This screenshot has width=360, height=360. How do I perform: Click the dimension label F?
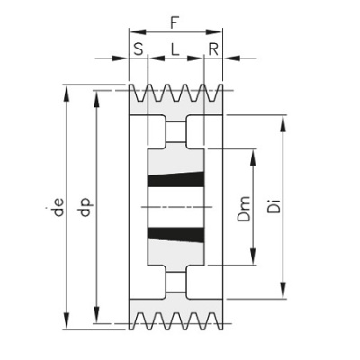(x=175, y=22)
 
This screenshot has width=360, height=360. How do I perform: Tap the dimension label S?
(x=139, y=49)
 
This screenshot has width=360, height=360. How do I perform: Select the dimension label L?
(x=175, y=49)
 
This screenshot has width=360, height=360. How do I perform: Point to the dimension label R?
(x=213, y=49)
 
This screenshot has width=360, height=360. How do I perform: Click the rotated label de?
(x=59, y=207)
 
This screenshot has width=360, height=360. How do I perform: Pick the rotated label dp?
(x=86, y=206)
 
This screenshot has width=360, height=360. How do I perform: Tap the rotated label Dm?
(x=244, y=209)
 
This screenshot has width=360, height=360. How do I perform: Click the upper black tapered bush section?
(x=176, y=180)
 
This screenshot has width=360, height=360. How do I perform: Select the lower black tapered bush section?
(x=176, y=235)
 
